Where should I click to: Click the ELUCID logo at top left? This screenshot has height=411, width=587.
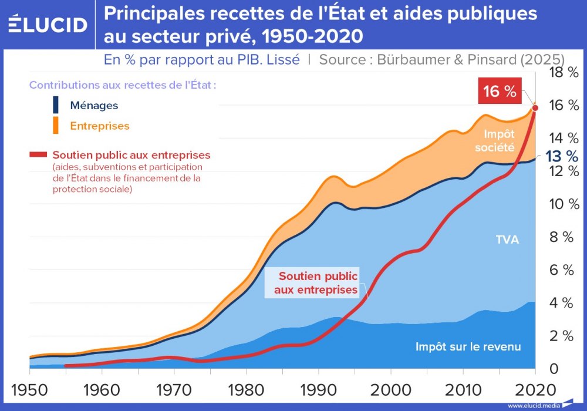pos(48,24)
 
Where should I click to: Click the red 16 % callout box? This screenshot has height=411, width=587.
pos(500,91)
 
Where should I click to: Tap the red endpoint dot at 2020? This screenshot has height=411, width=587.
pos(535,107)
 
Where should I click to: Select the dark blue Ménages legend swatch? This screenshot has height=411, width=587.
pos(56,105)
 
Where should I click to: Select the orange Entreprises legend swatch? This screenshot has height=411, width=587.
pos(56,125)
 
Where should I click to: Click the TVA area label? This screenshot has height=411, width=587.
pos(507,240)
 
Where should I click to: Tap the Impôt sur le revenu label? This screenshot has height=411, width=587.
pos(468,346)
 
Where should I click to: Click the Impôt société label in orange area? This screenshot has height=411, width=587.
pos(494,142)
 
